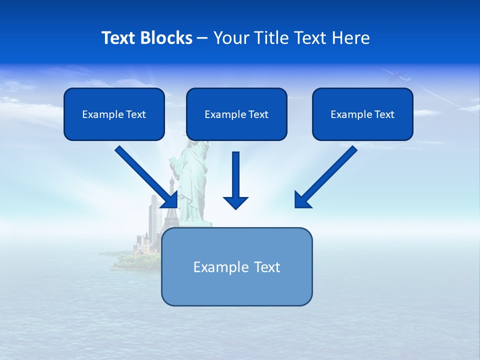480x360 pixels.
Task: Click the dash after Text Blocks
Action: point(202,38)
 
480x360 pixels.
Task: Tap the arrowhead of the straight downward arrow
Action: point(235,202)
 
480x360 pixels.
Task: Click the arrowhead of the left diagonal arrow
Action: point(170,200)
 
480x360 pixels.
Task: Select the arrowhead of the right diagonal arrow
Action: point(302,200)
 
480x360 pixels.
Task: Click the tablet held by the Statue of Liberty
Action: point(173,162)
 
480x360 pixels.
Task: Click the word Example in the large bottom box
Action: point(213,267)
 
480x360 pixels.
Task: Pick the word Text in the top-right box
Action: point(384,114)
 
